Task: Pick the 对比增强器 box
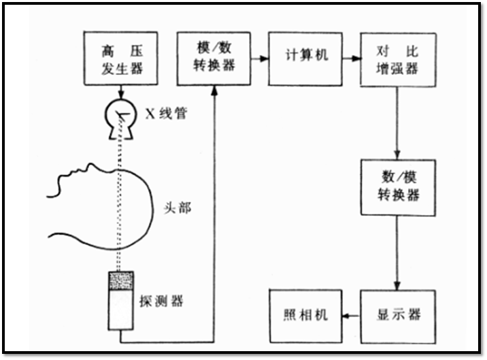[397, 59]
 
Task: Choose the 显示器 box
[397, 315]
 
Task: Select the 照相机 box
[305, 315]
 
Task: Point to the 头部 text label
[178, 208]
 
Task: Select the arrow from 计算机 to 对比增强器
[351, 59]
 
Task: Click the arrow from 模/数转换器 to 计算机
[258, 59]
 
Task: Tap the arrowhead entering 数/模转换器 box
[397, 154]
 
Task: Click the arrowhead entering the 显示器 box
[397, 284]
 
